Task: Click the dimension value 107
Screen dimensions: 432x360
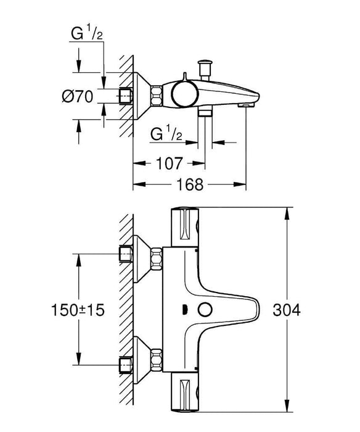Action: (170, 164)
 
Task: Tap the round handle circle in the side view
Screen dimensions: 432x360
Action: (183, 95)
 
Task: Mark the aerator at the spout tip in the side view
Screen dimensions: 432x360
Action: (245, 107)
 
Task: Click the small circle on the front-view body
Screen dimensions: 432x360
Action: (204, 310)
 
